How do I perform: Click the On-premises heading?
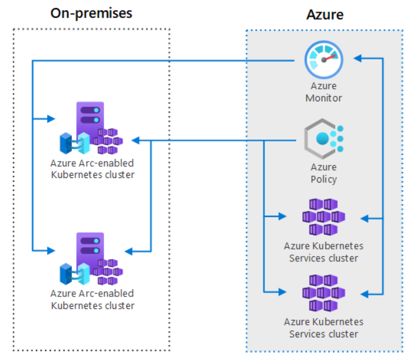point(91,13)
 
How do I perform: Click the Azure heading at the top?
point(325,14)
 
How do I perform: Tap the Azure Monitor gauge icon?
point(323,59)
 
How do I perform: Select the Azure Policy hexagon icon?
point(323,138)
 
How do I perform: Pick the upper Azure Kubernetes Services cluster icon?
point(323,217)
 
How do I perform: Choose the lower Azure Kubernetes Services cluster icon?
point(323,293)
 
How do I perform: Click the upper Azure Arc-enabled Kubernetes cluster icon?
point(91,128)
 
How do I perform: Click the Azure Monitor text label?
point(323,92)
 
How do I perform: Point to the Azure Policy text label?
point(323,173)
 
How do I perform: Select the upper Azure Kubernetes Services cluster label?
point(323,252)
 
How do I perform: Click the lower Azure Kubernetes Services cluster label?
point(323,328)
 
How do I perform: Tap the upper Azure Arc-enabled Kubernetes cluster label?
point(92,169)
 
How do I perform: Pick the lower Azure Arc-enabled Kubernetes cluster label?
point(92,300)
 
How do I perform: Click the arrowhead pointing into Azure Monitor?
point(357,58)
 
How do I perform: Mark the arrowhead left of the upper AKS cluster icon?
point(283,216)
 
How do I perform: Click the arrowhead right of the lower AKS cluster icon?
point(364,294)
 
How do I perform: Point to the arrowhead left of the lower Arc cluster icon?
point(51,250)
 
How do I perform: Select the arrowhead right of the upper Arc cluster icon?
point(136,140)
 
